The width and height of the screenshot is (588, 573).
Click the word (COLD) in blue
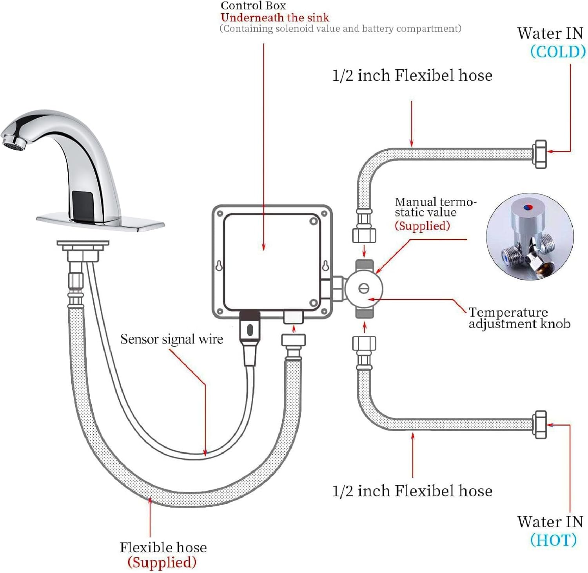click(x=557, y=52)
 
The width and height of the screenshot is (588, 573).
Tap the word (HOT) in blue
click(x=553, y=540)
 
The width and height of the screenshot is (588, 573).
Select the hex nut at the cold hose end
click(x=540, y=154)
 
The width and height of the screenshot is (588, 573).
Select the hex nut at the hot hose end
click(x=540, y=425)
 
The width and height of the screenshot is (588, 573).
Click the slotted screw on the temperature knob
click(x=364, y=289)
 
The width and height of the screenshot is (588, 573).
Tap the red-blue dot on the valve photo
click(x=528, y=206)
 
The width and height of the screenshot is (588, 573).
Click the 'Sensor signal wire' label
click(x=171, y=339)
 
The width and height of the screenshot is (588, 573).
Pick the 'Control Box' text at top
click(x=253, y=5)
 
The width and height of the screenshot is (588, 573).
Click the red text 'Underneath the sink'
click(x=275, y=18)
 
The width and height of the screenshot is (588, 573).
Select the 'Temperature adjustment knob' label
click(x=518, y=318)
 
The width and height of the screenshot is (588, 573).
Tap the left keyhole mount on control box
click(x=219, y=266)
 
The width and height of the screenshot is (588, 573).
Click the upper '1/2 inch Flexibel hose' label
click(x=412, y=75)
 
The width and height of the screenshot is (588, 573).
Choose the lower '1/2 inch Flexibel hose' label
click(x=412, y=491)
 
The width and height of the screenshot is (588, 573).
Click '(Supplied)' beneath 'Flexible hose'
click(x=162, y=562)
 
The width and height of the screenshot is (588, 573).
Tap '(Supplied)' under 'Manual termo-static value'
click(x=422, y=226)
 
